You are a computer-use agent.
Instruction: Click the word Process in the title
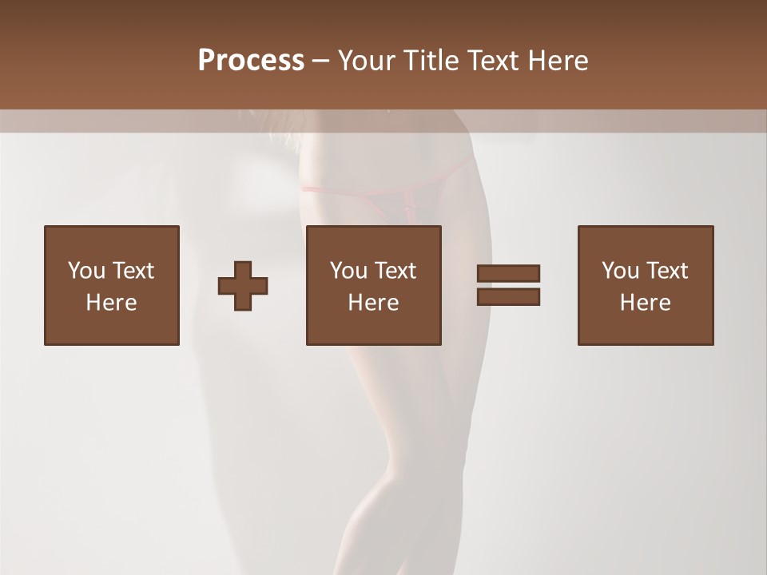[251, 61]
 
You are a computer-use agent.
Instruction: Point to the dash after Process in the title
[321, 61]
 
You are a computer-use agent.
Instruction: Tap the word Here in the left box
[111, 303]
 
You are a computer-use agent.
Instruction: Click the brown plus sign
[243, 286]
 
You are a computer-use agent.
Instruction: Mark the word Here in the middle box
[373, 303]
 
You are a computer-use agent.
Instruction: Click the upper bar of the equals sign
[508, 273]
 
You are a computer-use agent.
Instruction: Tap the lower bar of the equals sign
[508, 297]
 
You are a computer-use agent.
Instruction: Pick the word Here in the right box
[645, 303]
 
